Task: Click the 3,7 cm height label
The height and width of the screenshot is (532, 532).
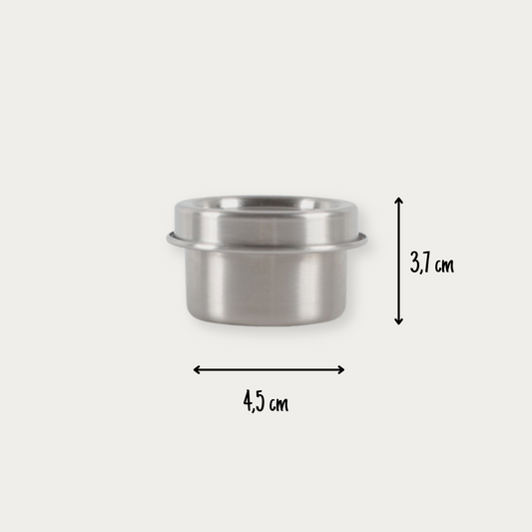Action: (431, 263)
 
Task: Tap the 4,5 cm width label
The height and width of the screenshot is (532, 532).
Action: (266, 401)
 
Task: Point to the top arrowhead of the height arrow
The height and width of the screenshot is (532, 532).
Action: (398, 200)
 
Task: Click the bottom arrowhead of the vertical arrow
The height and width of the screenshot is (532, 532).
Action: (398, 321)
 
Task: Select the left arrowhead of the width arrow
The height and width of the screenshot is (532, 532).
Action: (197, 369)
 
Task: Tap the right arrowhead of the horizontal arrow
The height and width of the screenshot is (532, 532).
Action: (340, 369)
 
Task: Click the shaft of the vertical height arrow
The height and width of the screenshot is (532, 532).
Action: (398, 261)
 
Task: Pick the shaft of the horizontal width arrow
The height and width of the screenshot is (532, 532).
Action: (268, 369)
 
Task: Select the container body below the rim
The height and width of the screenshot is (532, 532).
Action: (266, 286)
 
